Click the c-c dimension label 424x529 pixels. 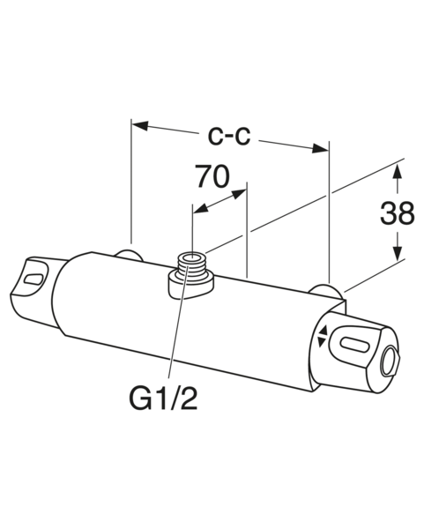[x=229, y=137]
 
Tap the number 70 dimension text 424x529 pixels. [x=213, y=176]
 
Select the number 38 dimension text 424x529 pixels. [x=397, y=213]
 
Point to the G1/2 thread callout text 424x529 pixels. [x=163, y=399]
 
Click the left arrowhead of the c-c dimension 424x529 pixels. [x=140, y=125]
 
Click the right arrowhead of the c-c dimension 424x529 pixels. [x=320, y=148]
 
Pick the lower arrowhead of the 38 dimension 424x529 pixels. [x=398, y=251]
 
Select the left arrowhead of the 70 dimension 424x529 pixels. [x=201, y=208]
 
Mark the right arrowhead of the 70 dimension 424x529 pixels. [x=239, y=194]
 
